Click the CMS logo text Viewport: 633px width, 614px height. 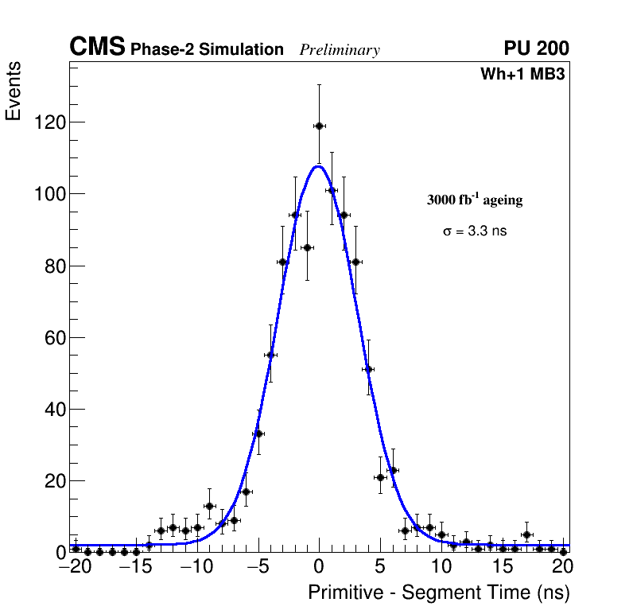97,48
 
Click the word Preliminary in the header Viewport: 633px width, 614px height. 340,50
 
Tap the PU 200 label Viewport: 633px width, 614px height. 536,49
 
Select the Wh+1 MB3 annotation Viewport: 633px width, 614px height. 522,75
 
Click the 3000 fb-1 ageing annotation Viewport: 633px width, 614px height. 475,200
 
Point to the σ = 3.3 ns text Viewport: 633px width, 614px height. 475,231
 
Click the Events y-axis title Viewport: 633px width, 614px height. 14,91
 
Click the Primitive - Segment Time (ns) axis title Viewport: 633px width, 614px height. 439,593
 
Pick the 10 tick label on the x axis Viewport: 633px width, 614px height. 441,567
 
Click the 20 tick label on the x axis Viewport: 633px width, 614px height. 563,567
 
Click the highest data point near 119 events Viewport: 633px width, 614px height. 319,126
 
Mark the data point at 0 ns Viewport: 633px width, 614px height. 319,126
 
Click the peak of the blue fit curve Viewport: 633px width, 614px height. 318,166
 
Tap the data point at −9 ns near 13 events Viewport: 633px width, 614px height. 209,506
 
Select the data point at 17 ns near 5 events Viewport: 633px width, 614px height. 526,534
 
